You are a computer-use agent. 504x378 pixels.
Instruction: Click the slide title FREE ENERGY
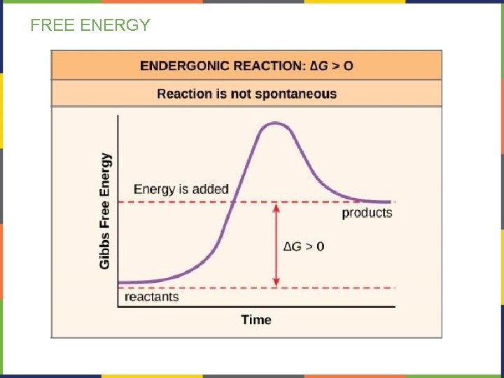[x=90, y=26]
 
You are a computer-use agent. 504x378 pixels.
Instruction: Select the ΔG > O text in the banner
[x=330, y=66]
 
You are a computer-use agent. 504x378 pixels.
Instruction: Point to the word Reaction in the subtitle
[x=184, y=94]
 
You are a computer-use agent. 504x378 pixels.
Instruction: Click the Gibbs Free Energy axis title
[x=105, y=210]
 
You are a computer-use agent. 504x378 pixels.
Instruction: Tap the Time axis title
[x=255, y=319]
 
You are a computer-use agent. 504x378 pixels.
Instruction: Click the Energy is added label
[x=181, y=189]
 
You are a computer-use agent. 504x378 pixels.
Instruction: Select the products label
[x=367, y=213]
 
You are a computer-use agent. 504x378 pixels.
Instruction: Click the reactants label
[x=151, y=297]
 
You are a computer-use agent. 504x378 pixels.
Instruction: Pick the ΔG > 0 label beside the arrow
[x=303, y=246]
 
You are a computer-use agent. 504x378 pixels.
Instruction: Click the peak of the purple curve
[x=275, y=124]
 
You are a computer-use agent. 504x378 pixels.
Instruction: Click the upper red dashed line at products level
[x=175, y=202]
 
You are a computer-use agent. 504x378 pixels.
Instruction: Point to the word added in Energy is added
[x=213, y=189]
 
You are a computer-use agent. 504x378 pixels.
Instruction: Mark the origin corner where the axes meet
[x=118, y=306]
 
